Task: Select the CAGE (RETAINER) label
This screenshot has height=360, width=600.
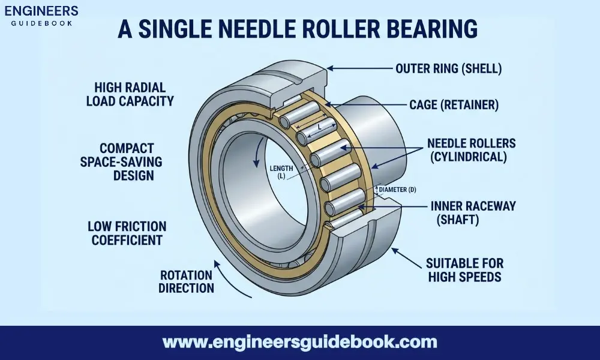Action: pos(454,106)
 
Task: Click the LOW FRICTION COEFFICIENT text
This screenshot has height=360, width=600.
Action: pos(125,233)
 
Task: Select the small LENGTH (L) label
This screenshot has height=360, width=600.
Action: pos(283,173)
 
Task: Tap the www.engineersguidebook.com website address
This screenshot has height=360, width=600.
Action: pos(300,343)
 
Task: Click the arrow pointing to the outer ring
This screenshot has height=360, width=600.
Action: pos(360,68)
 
